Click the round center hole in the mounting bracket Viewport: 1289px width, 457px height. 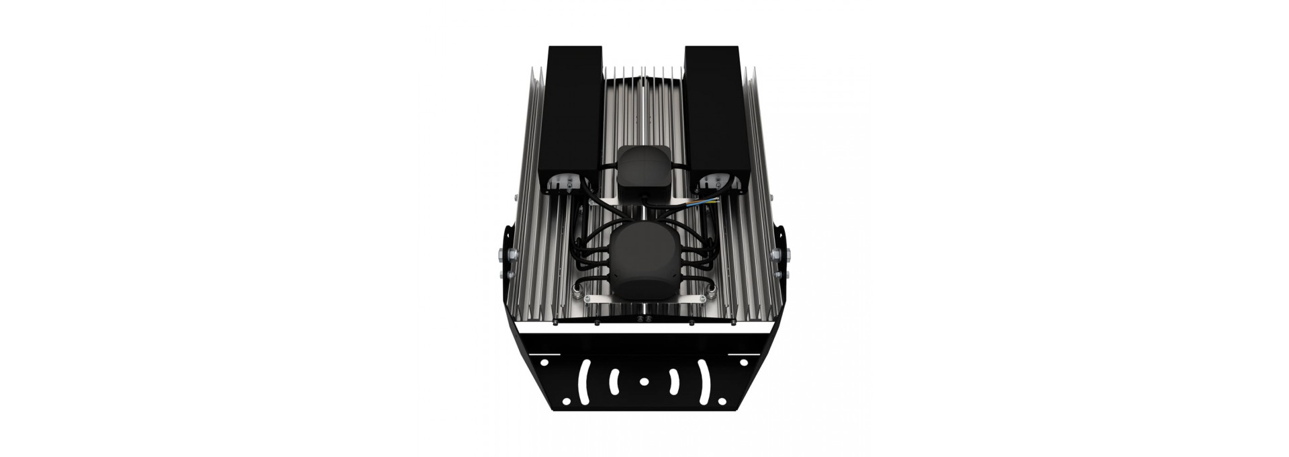point(644,381)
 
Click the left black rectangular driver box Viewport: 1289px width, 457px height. point(573,118)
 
